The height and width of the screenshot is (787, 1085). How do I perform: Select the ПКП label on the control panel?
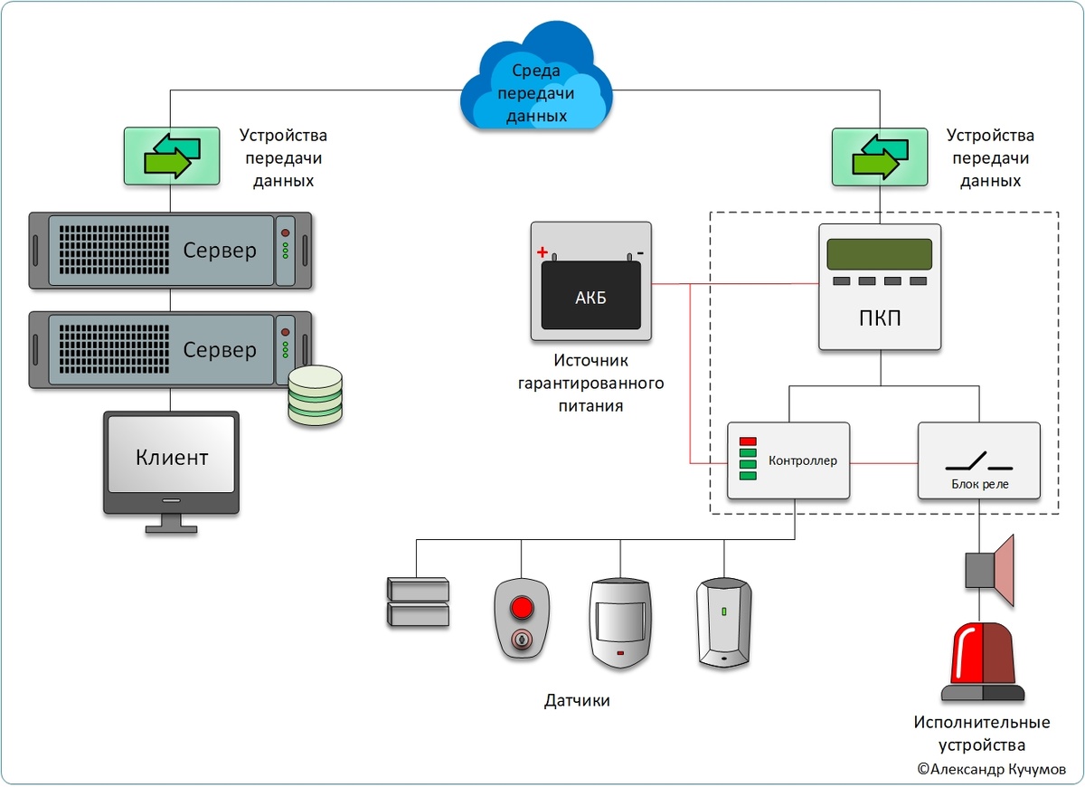pyautogui.click(x=880, y=320)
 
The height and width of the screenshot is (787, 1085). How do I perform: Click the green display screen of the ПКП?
pyautogui.click(x=880, y=255)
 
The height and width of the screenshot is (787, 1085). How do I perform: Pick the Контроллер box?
pyautogui.click(x=788, y=460)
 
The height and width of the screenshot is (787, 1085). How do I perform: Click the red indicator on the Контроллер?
pyautogui.click(x=748, y=441)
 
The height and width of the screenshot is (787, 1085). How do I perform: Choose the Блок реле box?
pyautogui.click(x=978, y=460)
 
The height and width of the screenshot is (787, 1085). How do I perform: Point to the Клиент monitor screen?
pyautogui.click(x=172, y=456)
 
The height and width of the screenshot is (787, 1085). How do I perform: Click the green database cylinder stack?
pyautogui.click(x=316, y=395)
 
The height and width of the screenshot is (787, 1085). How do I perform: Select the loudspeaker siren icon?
pyautogui.click(x=992, y=570)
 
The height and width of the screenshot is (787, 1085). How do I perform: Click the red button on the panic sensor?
pyautogui.click(x=522, y=605)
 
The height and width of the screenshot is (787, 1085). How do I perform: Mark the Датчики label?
pyautogui.click(x=577, y=700)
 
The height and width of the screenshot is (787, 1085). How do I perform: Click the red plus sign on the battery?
pyautogui.click(x=542, y=252)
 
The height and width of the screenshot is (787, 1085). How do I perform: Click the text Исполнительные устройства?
pyautogui.click(x=982, y=734)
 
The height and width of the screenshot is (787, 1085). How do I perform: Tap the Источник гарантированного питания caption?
pyautogui.click(x=590, y=383)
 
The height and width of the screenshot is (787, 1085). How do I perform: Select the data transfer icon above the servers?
pyautogui.click(x=172, y=155)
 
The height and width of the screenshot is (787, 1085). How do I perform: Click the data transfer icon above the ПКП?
pyautogui.click(x=880, y=155)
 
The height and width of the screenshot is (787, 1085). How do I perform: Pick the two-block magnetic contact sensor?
pyautogui.click(x=417, y=602)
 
